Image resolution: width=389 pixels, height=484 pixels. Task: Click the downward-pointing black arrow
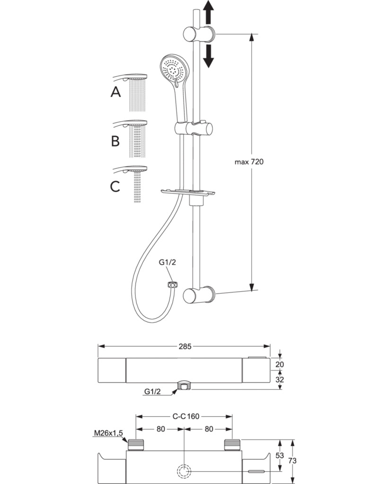[x=209, y=56]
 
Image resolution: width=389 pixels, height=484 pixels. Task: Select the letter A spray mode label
[x=115, y=92]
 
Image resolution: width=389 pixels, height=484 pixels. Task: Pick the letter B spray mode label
[x=115, y=141]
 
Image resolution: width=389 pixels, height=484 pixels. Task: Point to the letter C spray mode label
[x=115, y=186]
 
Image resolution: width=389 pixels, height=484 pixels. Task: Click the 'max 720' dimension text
[x=249, y=162]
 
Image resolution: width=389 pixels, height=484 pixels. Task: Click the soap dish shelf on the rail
[x=188, y=193]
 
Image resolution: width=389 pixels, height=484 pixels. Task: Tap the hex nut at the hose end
[x=172, y=284]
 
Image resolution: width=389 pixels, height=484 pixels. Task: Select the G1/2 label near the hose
[x=167, y=262]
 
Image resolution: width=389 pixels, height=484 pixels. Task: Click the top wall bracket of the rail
[x=199, y=34]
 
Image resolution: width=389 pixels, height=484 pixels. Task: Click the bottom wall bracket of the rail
[x=199, y=295]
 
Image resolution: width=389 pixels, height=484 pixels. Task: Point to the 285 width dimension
[x=185, y=346]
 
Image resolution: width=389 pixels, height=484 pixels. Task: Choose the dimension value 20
[x=279, y=364]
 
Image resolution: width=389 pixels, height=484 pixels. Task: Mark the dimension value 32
[x=279, y=380]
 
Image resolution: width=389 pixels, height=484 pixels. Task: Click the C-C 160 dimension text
[x=186, y=416]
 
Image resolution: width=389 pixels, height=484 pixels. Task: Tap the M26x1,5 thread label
[x=108, y=433]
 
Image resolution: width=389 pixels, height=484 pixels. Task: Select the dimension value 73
[x=292, y=460]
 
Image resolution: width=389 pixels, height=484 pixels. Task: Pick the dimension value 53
[x=279, y=455]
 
